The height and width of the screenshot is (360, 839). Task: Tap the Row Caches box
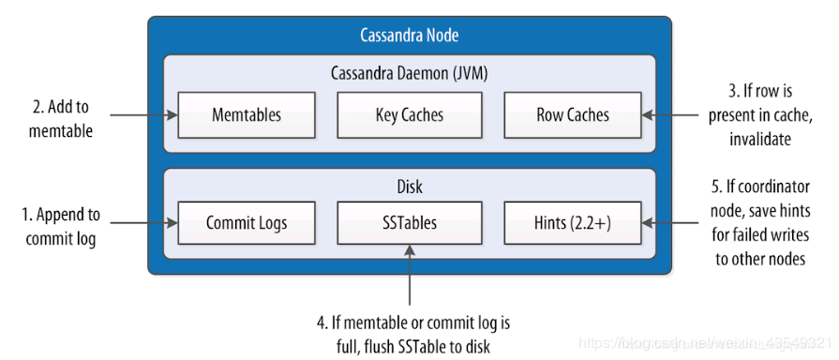click(x=572, y=116)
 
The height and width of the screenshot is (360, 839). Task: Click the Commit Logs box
click(x=246, y=224)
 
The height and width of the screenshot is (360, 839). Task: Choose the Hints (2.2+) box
click(x=572, y=224)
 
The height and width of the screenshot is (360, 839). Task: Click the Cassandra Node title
click(x=409, y=36)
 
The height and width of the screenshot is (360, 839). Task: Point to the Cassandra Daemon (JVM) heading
click(x=409, y=73)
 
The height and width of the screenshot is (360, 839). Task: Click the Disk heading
click(x=409, y=187)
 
